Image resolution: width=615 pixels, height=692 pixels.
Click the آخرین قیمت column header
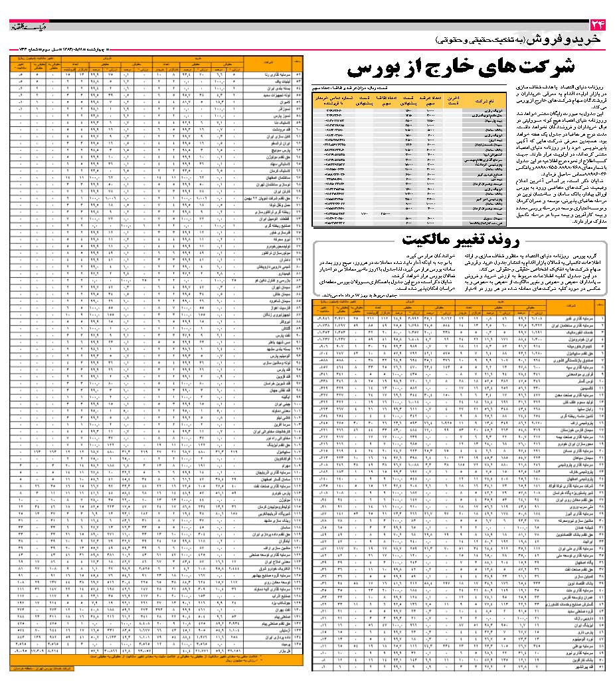pos(454,101)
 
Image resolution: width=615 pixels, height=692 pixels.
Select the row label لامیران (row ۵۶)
pos(270,102)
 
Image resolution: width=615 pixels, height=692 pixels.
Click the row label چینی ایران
pos(268,404)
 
